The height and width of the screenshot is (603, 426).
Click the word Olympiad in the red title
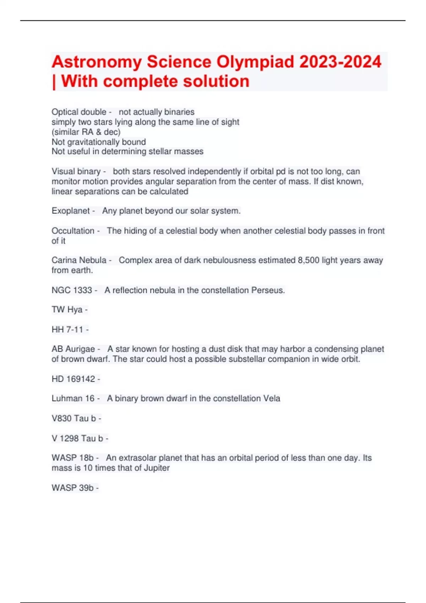pos(255,62)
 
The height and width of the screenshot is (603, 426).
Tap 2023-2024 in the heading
pos(340,62)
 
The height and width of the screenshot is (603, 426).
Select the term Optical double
pos(79,112)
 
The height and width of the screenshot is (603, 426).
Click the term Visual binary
pos(76,171)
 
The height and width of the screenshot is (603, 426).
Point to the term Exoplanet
pos(71,211)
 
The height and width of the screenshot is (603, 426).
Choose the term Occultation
pos(73,231)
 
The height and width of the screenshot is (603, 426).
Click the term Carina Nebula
pos(79,260)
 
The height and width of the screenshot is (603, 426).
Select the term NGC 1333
pos(72,290)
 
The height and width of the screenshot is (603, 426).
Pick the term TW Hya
pos(67,310)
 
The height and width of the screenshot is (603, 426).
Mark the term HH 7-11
pos(67,330)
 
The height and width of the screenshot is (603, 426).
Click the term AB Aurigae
pos(73,349)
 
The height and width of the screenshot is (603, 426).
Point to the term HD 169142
pos(73,379)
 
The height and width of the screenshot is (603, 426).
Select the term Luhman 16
pos(73,399)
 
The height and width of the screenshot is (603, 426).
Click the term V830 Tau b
pos(74,419)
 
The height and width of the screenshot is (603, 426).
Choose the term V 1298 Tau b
pos(77,438)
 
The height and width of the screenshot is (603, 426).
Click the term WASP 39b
pos(72,488)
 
